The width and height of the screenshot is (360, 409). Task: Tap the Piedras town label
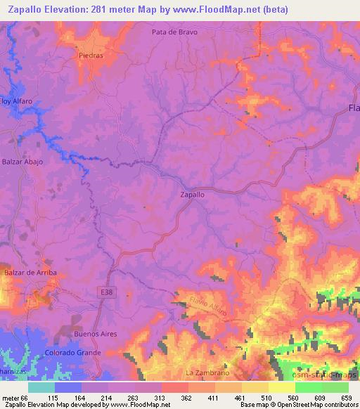click(x=91, y=55)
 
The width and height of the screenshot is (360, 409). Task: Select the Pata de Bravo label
click(x=174, y=32)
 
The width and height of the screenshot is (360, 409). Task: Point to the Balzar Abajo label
click(x=22, y=162)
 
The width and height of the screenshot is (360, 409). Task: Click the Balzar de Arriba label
click(x=30, y=272)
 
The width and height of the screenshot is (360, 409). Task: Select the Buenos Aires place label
click(x=94, y=335)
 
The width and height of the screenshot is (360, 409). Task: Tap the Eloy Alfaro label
click(x=17, y=101)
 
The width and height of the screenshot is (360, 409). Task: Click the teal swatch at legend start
click(x=41, y=387)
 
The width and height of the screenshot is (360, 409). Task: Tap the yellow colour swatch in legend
click(x=281, y=387)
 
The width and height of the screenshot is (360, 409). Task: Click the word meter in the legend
click(x=13, y=398)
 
